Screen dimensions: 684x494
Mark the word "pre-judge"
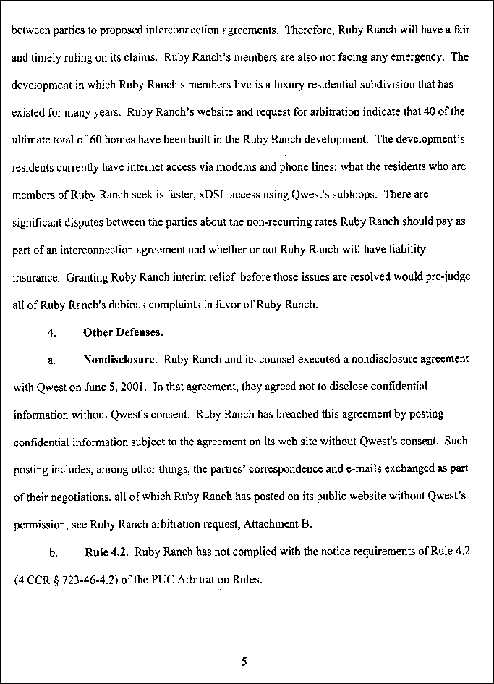click(447, 276)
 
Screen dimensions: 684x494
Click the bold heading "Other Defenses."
click(123, 333)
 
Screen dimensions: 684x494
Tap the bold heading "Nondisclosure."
click(121, 359)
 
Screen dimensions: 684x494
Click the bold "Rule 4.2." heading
click(107, 552)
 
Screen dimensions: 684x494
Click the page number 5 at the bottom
click(244, 660)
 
